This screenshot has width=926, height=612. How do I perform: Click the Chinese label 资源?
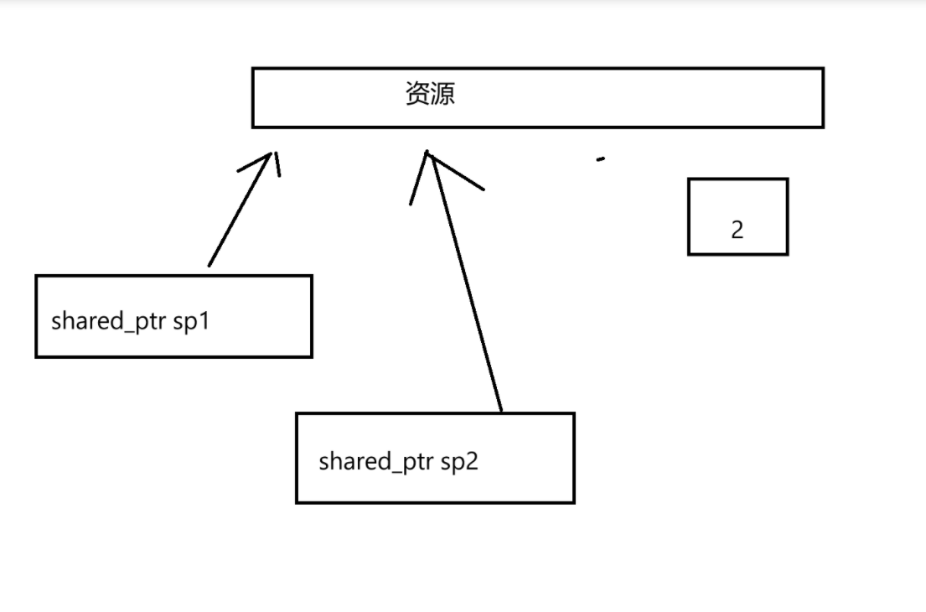pos(430,93)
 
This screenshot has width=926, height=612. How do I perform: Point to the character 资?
pos(417,93)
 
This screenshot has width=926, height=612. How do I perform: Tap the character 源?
pos(442,93)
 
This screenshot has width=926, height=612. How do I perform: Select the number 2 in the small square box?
pos(737,230)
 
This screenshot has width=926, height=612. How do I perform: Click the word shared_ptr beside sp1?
pos(109,322)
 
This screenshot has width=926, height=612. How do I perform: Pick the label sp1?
pos(190,322)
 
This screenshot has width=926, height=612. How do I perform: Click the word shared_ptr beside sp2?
pos(377,462)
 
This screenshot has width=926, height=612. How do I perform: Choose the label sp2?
pos(459,462)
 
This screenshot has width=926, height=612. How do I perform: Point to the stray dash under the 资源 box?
pos(600,158)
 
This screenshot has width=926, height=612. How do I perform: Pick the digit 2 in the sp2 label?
pos(472,462)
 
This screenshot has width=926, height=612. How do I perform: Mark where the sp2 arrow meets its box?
pos(501,411)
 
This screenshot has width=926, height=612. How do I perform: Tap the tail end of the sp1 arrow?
pos(209,266)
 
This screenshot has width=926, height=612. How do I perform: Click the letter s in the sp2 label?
pos(447,462)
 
